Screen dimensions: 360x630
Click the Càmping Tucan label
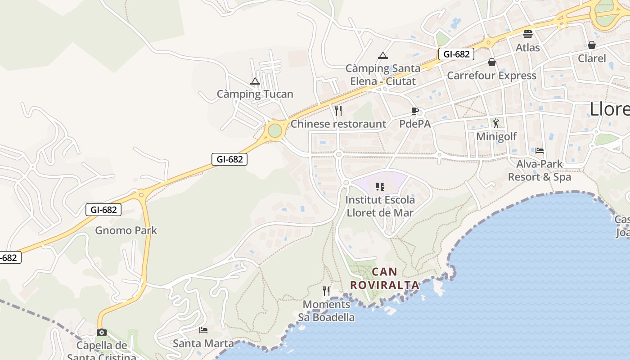255,94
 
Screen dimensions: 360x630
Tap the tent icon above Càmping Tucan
255,81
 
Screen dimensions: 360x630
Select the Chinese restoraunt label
338,124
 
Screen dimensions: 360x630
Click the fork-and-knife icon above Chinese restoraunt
338,111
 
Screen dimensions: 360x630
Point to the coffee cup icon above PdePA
415,111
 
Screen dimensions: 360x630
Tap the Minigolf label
496,136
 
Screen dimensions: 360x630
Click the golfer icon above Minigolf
496,123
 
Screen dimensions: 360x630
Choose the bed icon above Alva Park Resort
540,150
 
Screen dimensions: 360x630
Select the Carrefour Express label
491,75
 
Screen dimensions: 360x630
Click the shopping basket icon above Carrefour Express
492,62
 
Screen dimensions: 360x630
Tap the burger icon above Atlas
528,34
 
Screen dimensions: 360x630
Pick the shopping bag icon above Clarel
592,45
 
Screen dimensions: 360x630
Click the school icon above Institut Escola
380,186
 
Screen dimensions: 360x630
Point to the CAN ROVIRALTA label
385,278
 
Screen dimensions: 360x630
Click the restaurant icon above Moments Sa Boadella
326,291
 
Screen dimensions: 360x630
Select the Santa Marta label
203,343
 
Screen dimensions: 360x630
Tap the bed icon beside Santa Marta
203,330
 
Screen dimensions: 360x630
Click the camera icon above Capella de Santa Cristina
102,332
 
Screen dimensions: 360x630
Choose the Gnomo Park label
126,230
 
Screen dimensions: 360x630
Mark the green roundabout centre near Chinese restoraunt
274,131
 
